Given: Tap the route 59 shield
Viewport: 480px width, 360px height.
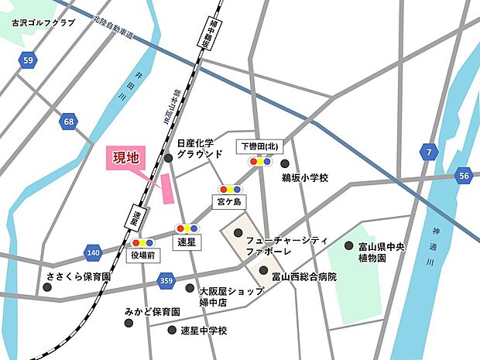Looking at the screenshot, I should click(29, 60).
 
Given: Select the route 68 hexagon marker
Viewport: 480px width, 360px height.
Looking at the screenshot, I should click(70, 122).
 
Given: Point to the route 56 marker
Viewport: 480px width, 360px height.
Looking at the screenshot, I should click(463, 176).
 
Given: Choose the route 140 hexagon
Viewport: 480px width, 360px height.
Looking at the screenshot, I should click(94, 252).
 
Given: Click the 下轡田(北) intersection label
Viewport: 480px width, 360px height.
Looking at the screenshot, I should click(258, 146).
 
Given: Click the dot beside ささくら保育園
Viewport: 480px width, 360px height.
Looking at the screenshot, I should click(47, 287).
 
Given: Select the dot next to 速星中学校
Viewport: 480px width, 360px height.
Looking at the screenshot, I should click(172, 330).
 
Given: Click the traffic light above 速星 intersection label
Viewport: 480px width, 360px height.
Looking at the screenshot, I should click(186, 228).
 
